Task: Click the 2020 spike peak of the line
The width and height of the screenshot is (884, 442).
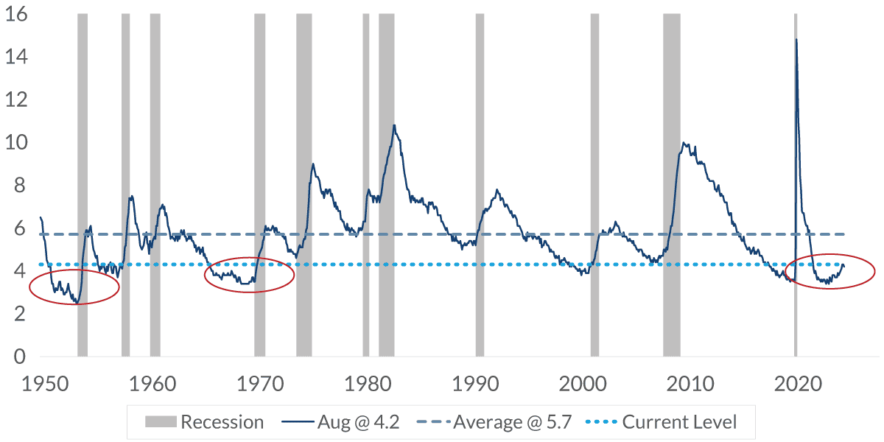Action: coord(796,40)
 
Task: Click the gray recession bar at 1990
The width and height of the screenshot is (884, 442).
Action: coord(480,184)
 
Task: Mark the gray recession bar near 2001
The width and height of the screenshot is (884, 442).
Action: coord(594,184)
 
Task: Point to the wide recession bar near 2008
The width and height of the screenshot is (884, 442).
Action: coord(671,184)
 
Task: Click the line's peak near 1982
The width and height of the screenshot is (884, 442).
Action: coord(394,125)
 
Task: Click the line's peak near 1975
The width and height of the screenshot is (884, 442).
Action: coord(313,164)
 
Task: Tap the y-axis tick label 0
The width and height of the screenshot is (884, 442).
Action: coord(21,357)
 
